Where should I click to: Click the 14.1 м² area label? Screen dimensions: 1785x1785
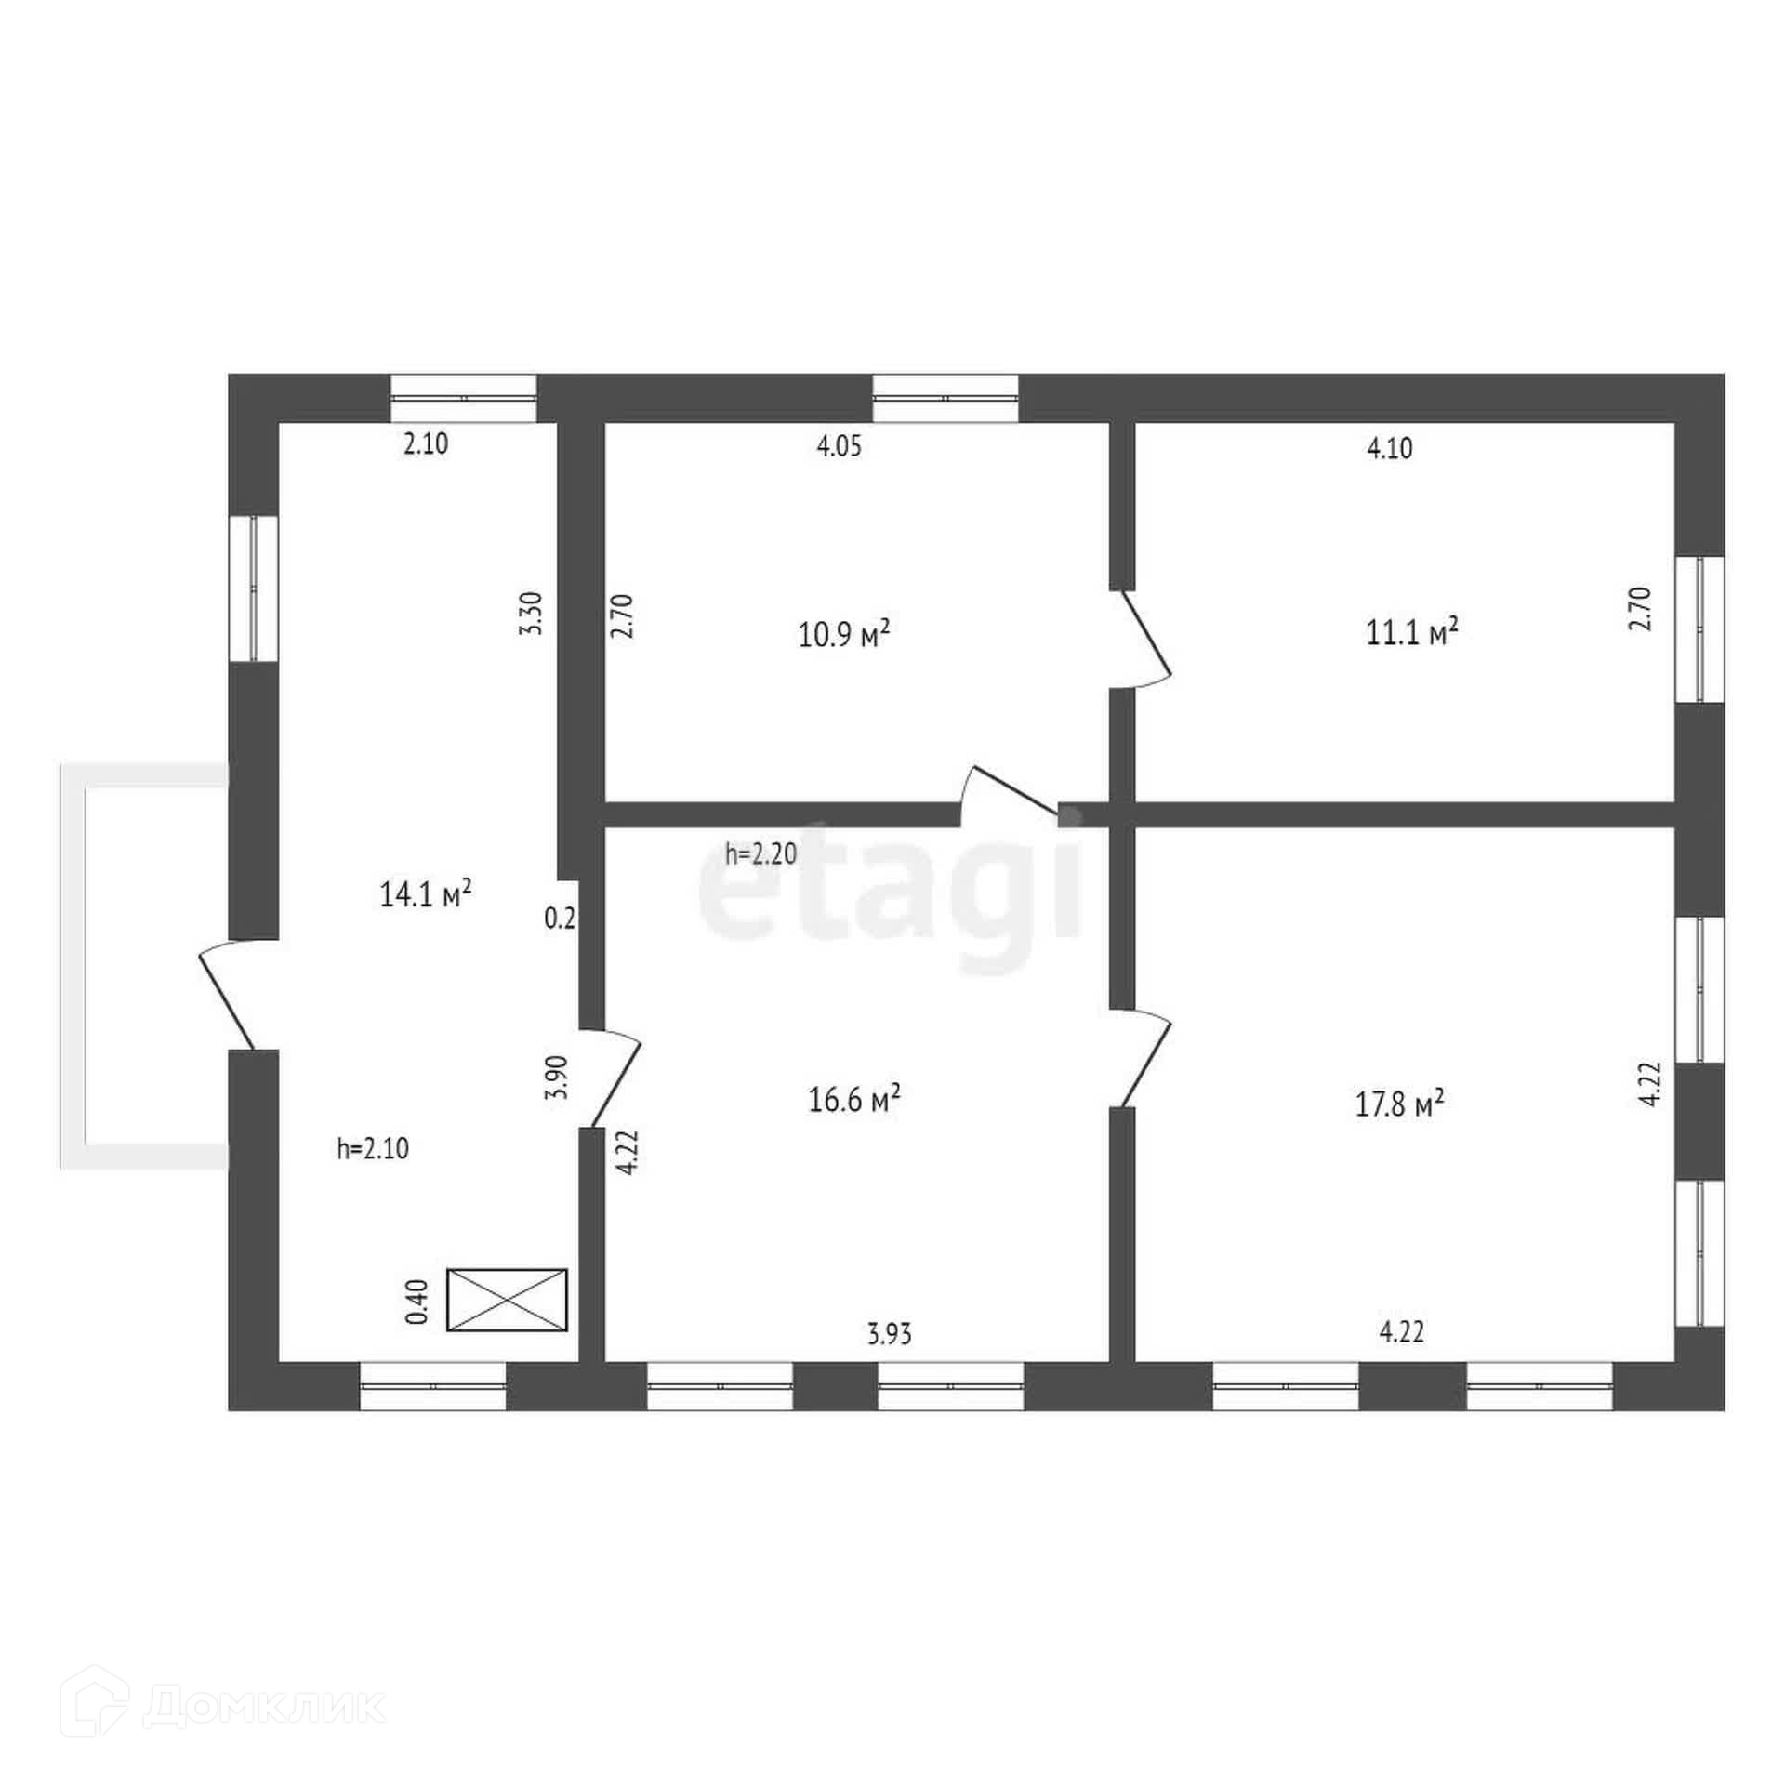pyautogui.click(x=426, y=894)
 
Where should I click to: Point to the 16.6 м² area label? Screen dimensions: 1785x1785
pyautogui.click(x=853, y=1102)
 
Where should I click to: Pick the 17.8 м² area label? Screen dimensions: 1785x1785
pyautogui.click(x=1398, y=1104)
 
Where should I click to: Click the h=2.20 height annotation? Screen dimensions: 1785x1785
pyautogui.click(x=760, y=853)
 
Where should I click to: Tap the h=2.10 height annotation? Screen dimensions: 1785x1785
pyautogui.click(x=373, y=1149)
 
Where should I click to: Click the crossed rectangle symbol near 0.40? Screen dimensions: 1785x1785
pyautogui.click(x=507, y=1300)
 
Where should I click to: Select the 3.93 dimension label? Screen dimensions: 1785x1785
pyautogui.click(x=890, y=1335)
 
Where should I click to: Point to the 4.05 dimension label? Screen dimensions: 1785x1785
pyautogui.click(x=840, y=446)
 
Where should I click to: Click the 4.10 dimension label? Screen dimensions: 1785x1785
pyautogui.click(x=1390, y=449)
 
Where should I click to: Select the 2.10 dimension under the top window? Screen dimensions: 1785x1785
pyautogui.click(x=426, y=444)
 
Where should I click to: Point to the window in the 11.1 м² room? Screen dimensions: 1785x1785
pyautogui.click(x=1699, y=629)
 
